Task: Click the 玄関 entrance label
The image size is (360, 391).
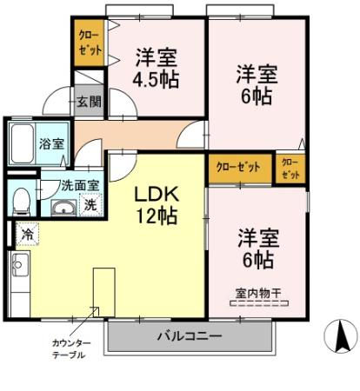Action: (89, 102)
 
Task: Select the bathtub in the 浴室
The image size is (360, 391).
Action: (23, 143)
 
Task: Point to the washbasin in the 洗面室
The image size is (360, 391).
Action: (63, 208)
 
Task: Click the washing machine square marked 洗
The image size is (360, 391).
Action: (90, 205)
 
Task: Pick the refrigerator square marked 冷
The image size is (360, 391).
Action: (28, 234)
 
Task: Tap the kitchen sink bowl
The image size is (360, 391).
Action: (20, 265)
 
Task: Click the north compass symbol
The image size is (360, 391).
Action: (341, 336)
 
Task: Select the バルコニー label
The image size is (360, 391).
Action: (190, 336)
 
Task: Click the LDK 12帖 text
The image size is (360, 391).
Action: (157, 205)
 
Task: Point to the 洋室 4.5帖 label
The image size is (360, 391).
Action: (156, 69)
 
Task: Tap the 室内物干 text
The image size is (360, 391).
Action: (258, 294)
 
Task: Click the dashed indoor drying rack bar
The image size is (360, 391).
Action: (259, 303)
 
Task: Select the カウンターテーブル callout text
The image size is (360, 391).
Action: (71, 349)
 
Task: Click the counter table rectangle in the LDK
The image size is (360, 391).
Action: (104, 292)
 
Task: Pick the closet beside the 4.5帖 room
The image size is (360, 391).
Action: (89, 43)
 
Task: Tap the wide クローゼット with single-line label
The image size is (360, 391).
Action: (240, 169)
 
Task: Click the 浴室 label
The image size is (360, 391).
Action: (51, 144)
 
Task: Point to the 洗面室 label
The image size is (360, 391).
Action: (80, 185)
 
